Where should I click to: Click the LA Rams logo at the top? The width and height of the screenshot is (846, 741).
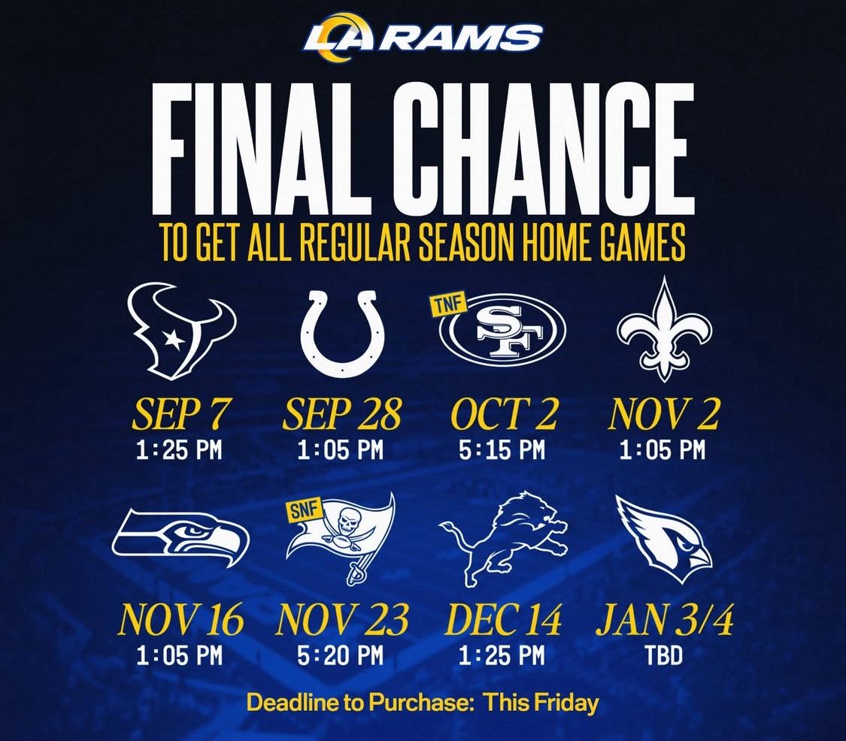pos(423,38)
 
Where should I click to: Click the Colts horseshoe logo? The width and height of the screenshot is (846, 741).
pos(342,333)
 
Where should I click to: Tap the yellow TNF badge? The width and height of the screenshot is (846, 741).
pos(449,304)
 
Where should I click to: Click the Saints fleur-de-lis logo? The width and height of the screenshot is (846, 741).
pos(664,330)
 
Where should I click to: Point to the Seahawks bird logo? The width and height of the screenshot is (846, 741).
pos(180,538)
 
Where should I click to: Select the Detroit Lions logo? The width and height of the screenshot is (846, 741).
pos(503,538)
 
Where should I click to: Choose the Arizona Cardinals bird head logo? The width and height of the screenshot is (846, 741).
pos(664,540)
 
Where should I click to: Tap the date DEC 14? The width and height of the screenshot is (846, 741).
pos(503,620)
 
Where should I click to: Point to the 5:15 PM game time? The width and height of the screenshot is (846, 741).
pos(502,449)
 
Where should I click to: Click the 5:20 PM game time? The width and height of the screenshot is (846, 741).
pos(341,656)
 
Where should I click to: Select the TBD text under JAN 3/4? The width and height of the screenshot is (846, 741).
pos(664,656)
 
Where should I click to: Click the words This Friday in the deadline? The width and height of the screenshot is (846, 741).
pos(541,703)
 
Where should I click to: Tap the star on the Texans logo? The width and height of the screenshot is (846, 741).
pos(174,339)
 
